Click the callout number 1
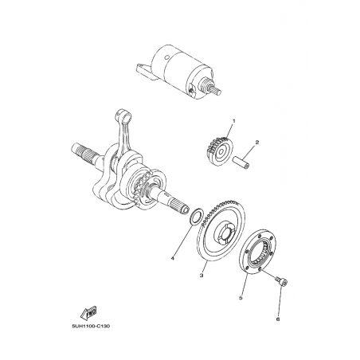[234, 121]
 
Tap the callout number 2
[257, 143]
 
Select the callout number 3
[202, 276]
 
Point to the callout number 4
[173, 258]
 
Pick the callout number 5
[241, 298]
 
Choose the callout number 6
[278, 319]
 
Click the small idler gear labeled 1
[219, 151]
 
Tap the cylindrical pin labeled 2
[241, 163]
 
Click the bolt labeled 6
[282, 281]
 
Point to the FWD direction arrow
[88, 312]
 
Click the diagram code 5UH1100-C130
[91, 327]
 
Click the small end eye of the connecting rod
[123, 114]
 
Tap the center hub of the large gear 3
[225, 232]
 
